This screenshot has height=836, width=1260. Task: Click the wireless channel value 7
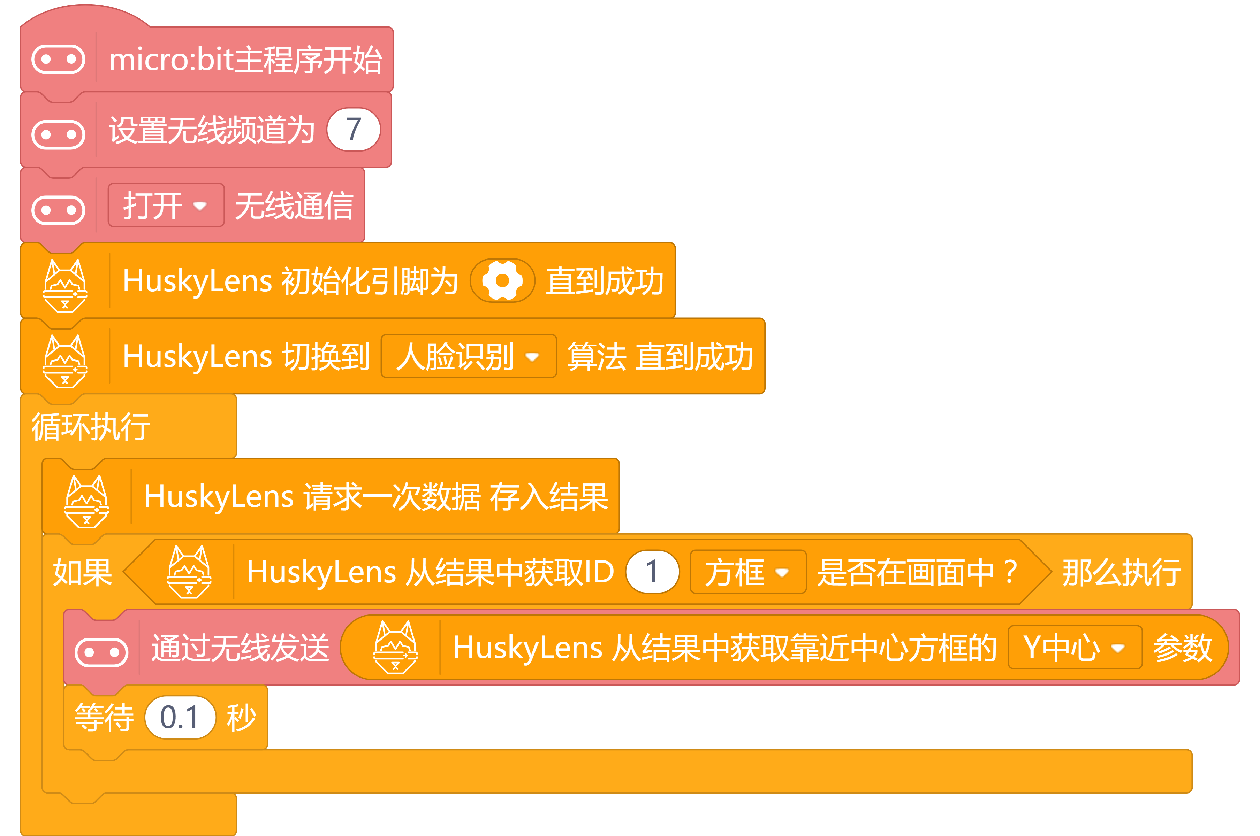point(353,130)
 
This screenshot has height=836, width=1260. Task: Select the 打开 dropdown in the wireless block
point(166,205)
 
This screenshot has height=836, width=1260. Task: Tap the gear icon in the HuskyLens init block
point(502,280)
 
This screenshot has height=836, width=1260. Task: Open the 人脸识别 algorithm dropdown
point(469,356)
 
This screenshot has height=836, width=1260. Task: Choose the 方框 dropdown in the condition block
point(748,572)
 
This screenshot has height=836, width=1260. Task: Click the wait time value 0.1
point(180,717)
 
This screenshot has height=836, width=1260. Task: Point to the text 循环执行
point(91,426)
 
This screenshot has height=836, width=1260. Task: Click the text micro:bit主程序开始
point(245,60)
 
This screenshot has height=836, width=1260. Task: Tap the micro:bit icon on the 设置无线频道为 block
point(58,134)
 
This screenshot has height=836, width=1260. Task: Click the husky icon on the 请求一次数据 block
point(86,502)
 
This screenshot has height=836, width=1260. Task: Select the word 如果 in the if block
point(83,572)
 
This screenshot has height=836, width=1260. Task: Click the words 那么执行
point(1121,572)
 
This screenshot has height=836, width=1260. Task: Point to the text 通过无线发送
point(240,648)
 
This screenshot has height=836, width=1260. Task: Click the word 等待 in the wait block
point(104,718)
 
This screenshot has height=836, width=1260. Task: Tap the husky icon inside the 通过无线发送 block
point(395,647)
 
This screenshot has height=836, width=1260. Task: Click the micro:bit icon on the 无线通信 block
point(58,210)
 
